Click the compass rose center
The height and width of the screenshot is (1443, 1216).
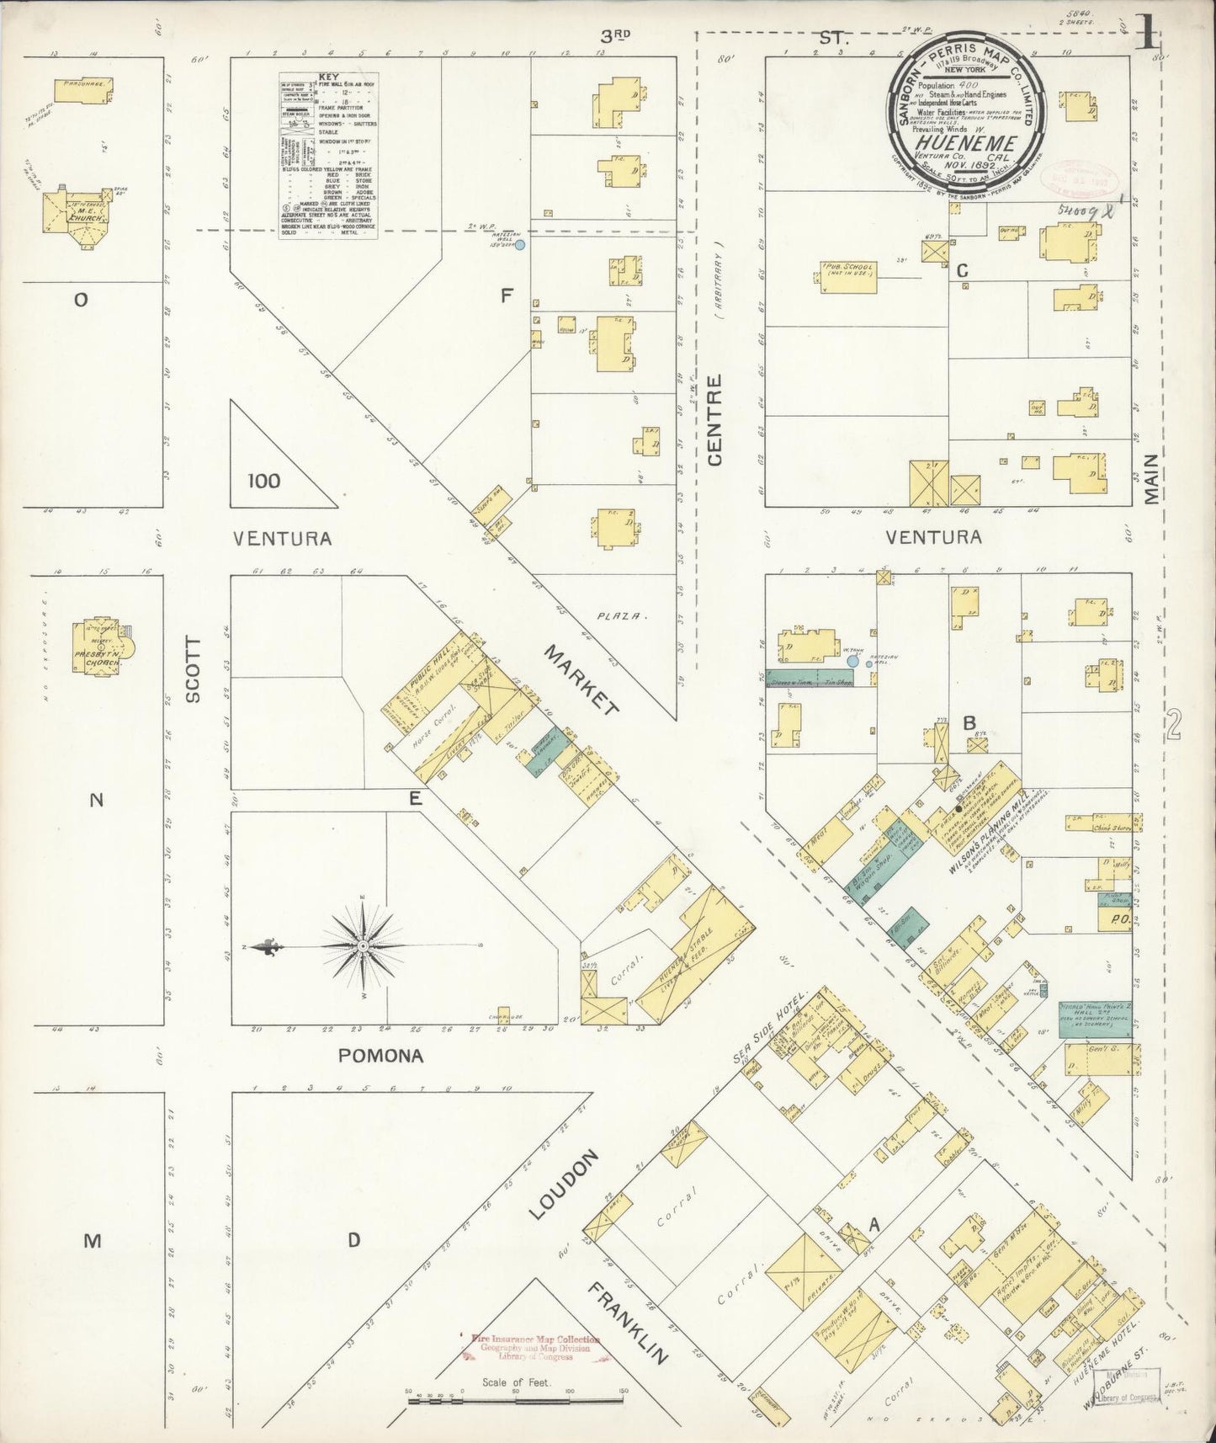(363, 946)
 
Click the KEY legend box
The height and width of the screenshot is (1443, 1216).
(328, 155)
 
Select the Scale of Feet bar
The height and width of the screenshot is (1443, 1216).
(515, 1072)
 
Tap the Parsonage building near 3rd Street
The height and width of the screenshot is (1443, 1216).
(82, 87)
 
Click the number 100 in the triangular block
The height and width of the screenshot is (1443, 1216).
(264, 481)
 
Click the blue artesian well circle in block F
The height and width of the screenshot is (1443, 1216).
(520, 245)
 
